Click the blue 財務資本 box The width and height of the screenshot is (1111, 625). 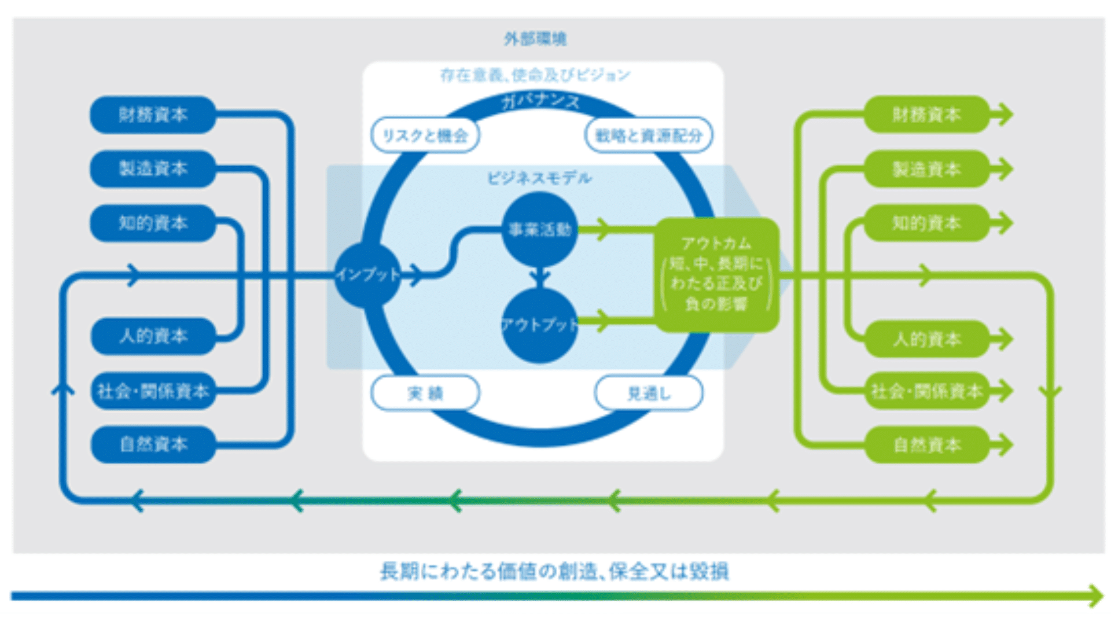(153, 115)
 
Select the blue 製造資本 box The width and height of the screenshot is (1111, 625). (153, 168)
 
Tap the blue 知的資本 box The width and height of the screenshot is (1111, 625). (153, 223)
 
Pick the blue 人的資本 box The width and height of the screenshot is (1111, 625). (153, 336)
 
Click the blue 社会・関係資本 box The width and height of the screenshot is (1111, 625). (153, 391)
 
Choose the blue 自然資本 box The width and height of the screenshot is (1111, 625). (153, 444)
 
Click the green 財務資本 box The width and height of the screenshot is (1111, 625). (926, 115)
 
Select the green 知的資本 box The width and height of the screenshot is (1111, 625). (926, 223)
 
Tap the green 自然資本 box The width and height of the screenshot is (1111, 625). (926, 444)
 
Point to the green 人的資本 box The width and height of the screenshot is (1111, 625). (926, 339)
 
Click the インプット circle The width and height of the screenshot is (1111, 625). (368, 275)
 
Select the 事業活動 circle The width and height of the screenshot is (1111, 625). (539, 230)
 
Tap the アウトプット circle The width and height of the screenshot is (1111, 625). (539, 325)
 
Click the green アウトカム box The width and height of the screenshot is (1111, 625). (716, 275)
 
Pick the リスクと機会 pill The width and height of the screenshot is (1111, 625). (425, 135)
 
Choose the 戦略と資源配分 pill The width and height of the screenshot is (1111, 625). (649, 135)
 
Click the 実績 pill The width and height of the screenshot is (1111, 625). (425, 394)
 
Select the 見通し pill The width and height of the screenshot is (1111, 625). (649, 394)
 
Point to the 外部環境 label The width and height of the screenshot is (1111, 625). (535, 39)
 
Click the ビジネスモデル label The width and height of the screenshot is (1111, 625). (539, 178)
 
